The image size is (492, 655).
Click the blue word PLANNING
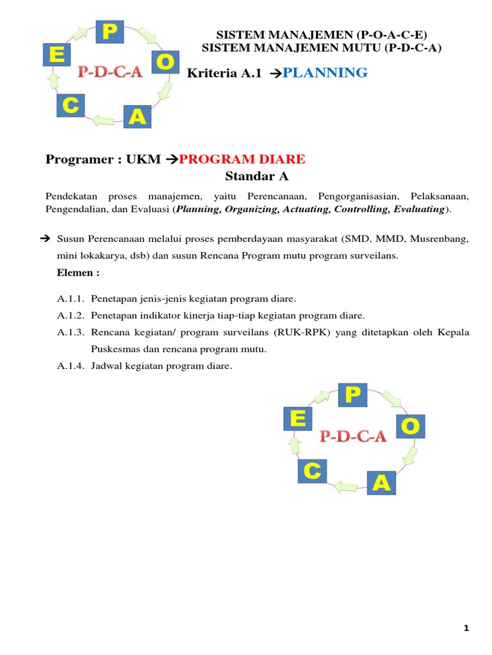point(325,73)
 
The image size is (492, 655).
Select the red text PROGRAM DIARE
point(242,159)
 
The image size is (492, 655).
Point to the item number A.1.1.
point(70,299)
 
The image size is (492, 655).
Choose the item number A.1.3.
point(70,333)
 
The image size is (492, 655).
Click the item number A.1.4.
point(70,366)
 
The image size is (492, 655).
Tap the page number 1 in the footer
point(466,629)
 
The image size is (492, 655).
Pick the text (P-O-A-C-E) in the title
point(389,36)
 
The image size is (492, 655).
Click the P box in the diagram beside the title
point(110,32)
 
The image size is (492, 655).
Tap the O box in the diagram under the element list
point(409,425)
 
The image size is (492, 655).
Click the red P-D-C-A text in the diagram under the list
point(353,436)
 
